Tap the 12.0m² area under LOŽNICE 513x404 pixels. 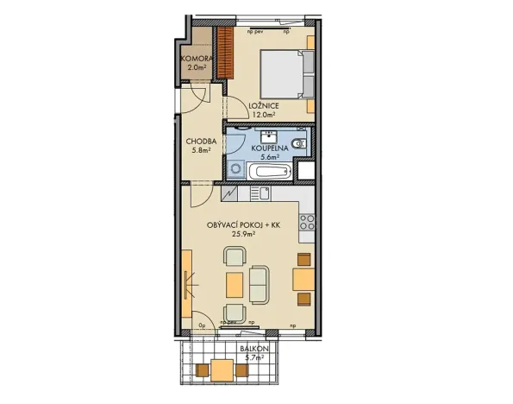[262, 114]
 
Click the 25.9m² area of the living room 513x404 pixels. [244, 233]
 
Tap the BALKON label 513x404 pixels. [257, 348]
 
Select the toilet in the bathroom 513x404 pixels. [298, 144]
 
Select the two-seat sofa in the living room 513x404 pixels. [260, 282]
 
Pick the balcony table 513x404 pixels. [223, 370]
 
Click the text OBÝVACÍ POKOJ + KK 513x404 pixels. [245, 224]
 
